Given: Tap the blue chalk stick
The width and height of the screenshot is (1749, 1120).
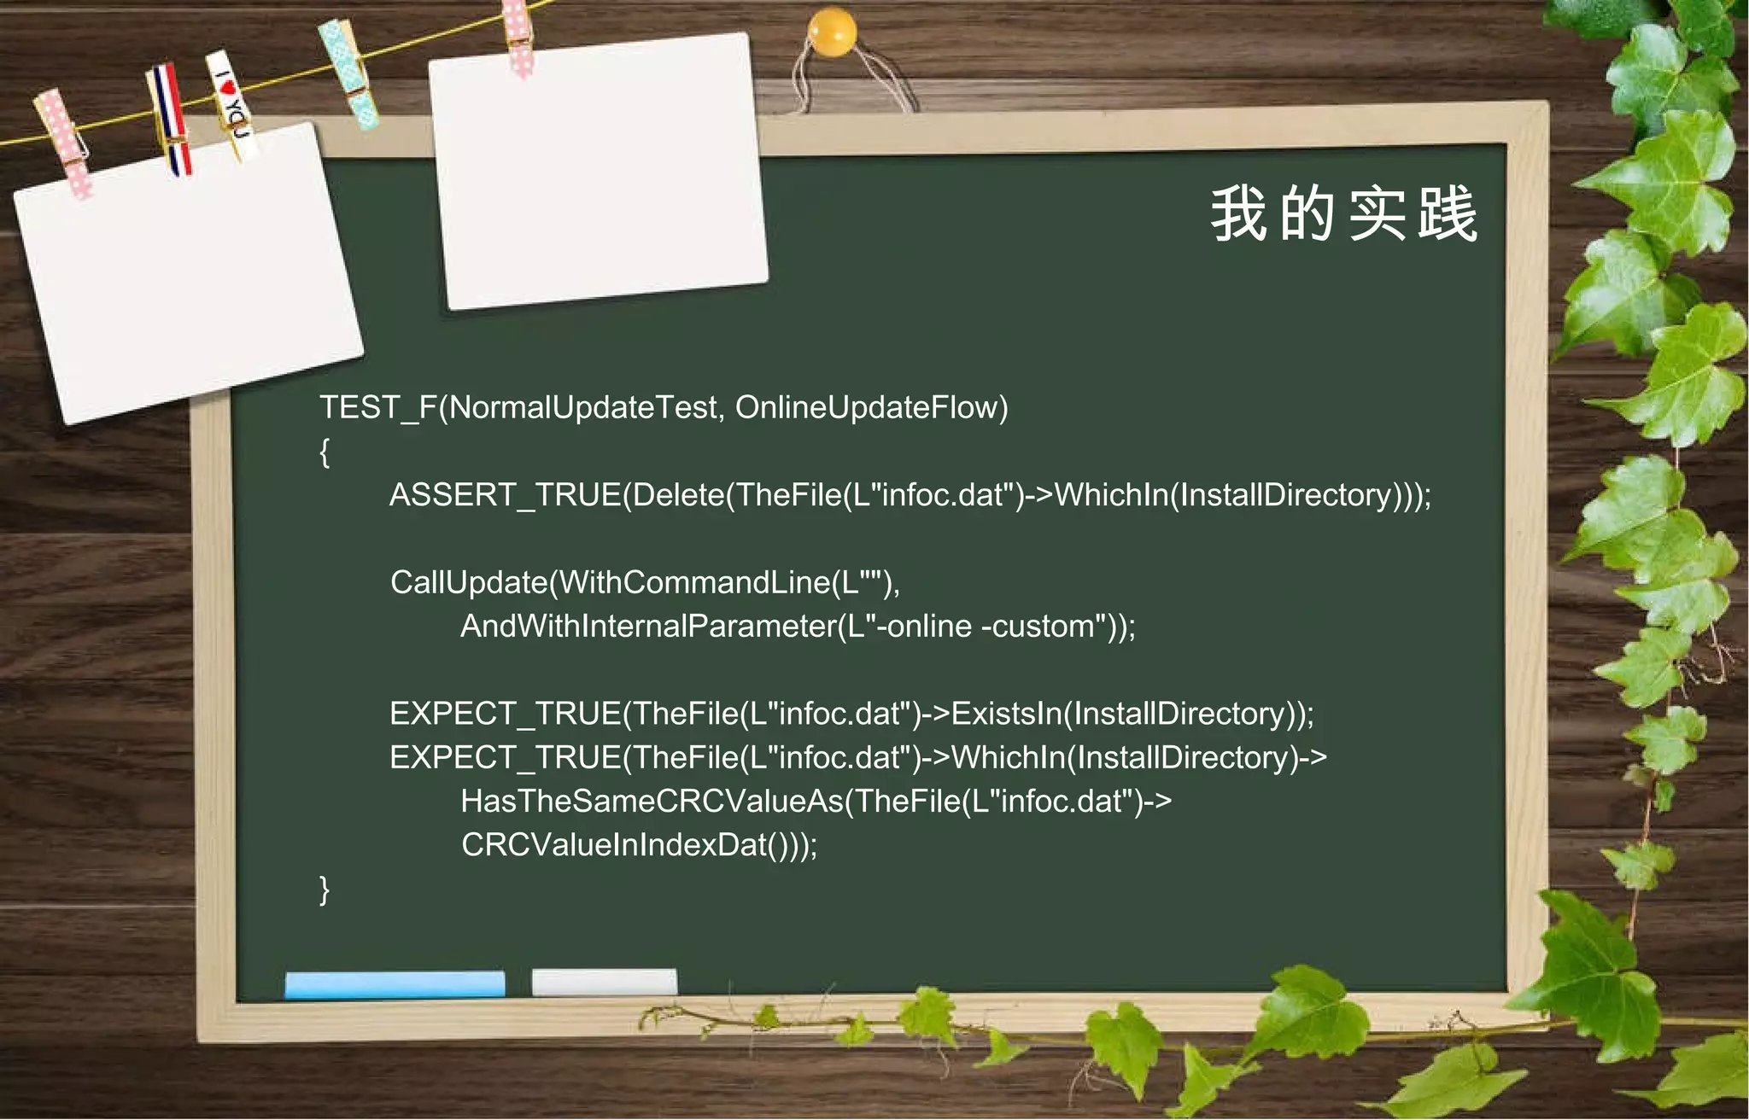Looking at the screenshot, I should [395, 983].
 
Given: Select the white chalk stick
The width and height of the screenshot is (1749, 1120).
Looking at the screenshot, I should [604, 982].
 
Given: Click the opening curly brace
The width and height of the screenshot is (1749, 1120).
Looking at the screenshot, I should [325, 452].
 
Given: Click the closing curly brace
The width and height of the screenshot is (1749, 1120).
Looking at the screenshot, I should [325, 889].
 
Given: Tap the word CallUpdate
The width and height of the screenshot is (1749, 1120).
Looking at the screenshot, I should [468, 583].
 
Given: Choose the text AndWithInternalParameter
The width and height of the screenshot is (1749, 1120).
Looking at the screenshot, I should [646, 627].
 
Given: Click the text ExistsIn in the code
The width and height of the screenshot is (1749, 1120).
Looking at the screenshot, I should [1006, 714].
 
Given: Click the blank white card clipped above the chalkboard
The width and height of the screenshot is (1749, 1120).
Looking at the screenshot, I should [598, 171].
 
